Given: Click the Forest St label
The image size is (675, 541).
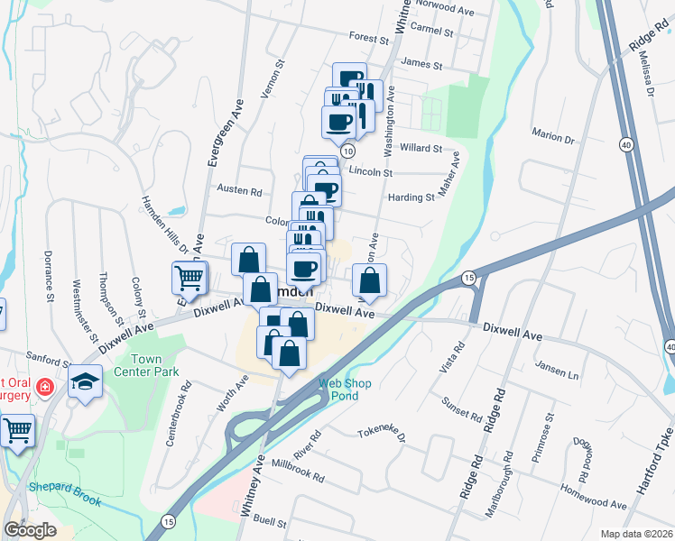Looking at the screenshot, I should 367,38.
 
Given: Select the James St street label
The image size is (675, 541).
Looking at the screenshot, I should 422,65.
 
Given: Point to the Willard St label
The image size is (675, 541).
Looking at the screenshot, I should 422,148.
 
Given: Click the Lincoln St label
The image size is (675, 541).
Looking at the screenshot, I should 371,171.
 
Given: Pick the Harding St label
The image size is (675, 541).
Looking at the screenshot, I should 411,197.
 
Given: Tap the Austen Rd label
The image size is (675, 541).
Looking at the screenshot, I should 240,191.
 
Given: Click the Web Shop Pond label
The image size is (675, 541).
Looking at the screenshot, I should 344,389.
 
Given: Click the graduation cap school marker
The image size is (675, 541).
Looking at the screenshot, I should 87,382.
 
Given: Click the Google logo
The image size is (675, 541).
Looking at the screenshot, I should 31,529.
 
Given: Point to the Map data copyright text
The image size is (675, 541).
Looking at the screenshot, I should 636,533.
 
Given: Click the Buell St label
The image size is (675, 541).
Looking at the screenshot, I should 270,522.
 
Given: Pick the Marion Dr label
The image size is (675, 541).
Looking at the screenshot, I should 553,139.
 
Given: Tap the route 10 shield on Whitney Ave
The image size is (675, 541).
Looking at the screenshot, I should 347,151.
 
